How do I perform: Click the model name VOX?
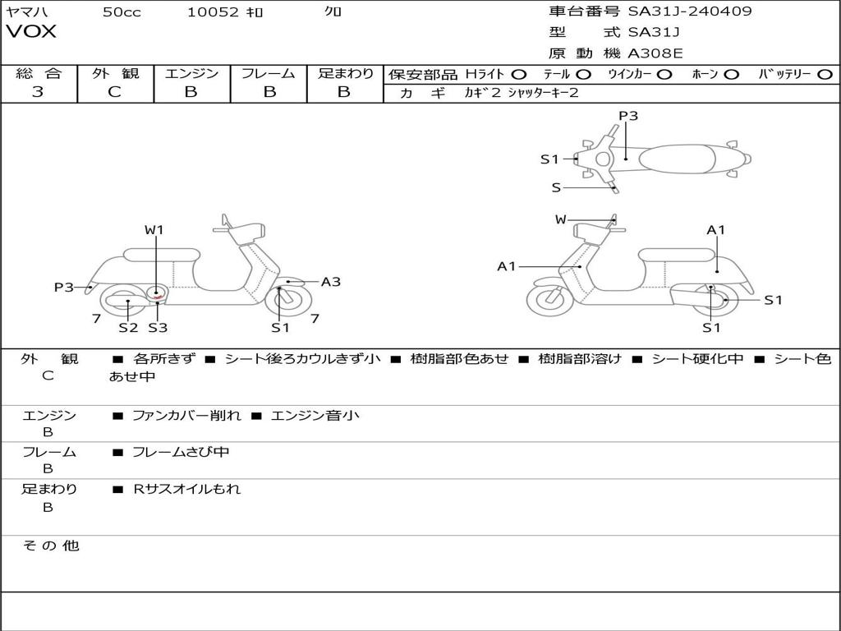point(31,31)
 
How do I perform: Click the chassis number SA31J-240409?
point(690,11)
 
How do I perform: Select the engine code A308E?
point(655,53)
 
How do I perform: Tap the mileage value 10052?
point(213,12)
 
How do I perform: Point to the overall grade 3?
point(38,91)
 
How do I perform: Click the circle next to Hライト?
point(519,75)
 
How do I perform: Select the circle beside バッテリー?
point(825,75)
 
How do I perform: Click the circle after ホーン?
point(731,75)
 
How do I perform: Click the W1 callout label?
point(154,230)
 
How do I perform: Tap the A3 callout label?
point(331,282)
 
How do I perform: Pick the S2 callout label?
point(128,327)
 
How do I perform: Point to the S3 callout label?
point(158,327)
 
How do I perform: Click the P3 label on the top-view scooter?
point(628,116)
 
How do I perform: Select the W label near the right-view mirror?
point(560,219)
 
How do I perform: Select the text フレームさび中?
point(181,453)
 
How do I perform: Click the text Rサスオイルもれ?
point(186,489)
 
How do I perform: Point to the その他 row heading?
point(50,546)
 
